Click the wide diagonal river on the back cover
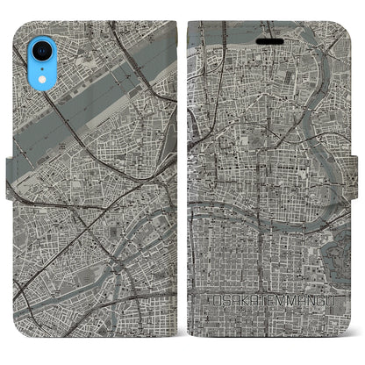97,88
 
